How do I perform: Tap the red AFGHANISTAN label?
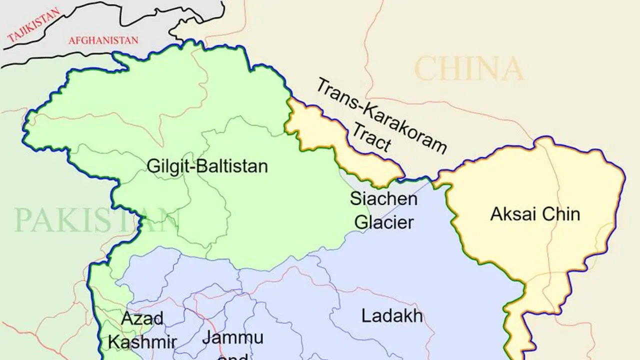pos(103,40)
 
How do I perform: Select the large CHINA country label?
pos(469,69)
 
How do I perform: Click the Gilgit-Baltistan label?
pos(207,166)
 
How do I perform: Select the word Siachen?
pos(383,198)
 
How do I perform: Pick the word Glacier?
pos(384,222)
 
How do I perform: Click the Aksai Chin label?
pos(535,214)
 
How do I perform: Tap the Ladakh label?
pos(392,316)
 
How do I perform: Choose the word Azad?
pos(142,318)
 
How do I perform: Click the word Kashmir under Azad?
pos(142,342)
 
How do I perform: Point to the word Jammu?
pos(232,338)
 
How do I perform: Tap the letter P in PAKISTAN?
pos(22,220)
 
